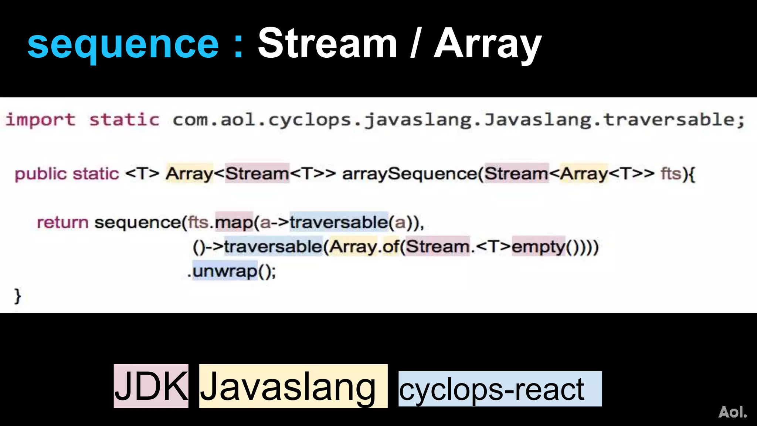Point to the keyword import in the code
click(41, 120)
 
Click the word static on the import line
click(125, 120)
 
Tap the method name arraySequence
click(410, 174)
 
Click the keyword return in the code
click(62, 223)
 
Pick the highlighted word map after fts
click(234, 223)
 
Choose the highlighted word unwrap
click(225, 271)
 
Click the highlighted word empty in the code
click(538, 247)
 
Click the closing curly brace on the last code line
click(17, 296)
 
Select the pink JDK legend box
click(151, 386)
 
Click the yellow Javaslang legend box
click(293, 386)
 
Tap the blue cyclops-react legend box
click(500, 389)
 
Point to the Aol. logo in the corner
click(732, 412)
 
